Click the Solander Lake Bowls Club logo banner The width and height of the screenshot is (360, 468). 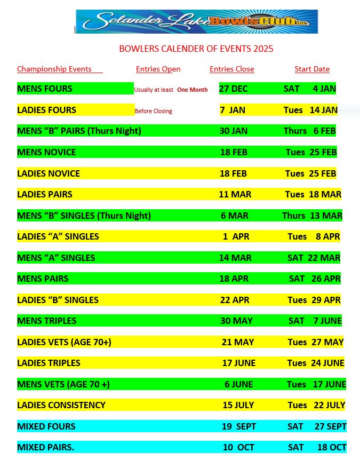[x=196, y=21]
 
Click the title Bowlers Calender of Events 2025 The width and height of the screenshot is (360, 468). [x=196, y=49]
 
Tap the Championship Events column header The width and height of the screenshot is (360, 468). [x=54, y=69]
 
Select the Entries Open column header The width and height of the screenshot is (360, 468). [x=158, y=69]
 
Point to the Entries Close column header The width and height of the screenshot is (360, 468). [x=231, y=69]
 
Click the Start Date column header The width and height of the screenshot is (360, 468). [x=312, y=69]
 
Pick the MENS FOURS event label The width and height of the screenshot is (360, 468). [x=45, y=89]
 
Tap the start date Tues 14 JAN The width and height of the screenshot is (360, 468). [x=310, y=110]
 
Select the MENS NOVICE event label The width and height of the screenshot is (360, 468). [x=46, y=152]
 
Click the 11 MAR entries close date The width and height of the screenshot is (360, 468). [x=235, y=194]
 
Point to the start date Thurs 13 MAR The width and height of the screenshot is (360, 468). [x=312, y=216]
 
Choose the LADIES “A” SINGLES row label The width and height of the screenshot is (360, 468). [x=58, y=236]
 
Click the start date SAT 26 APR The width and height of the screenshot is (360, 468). [x=315, y=279]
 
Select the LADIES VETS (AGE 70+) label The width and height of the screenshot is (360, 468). [x=64, y=342]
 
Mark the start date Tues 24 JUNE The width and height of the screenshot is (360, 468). [x=316, y=363]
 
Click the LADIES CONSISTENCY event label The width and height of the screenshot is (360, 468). [x=61, y=405]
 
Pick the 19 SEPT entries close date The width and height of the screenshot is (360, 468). [x=239, y=426]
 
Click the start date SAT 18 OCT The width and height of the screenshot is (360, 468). [x=317, y=447]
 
